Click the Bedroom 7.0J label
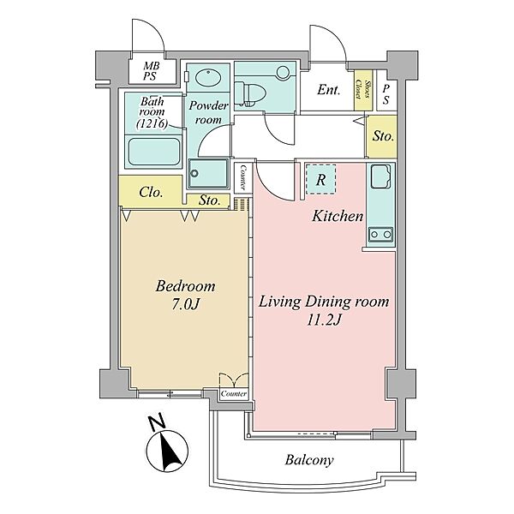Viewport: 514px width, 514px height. [186, 295]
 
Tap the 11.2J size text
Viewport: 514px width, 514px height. [324, 320]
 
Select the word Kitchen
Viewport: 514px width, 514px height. [338, 216]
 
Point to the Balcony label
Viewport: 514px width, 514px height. [309, 460]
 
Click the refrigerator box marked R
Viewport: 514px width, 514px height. [321, 180]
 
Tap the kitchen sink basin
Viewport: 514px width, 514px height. [380, 176]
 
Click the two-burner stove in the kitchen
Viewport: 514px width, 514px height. [380, 234]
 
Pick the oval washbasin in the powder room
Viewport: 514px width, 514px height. [207, 78]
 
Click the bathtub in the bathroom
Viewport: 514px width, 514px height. [153, 152]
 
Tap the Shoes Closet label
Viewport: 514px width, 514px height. [364, 90]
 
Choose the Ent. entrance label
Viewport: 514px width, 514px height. [328, 89]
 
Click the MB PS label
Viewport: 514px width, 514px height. [152, 71]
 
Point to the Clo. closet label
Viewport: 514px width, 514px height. [151, 192]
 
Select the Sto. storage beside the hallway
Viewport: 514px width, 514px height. [383, 135]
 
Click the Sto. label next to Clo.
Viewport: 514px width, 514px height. [209, 200]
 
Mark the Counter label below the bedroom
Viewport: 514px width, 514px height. [234, 394]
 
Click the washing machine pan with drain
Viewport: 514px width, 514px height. [208, 173]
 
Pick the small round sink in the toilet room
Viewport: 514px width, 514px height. [283, 73]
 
